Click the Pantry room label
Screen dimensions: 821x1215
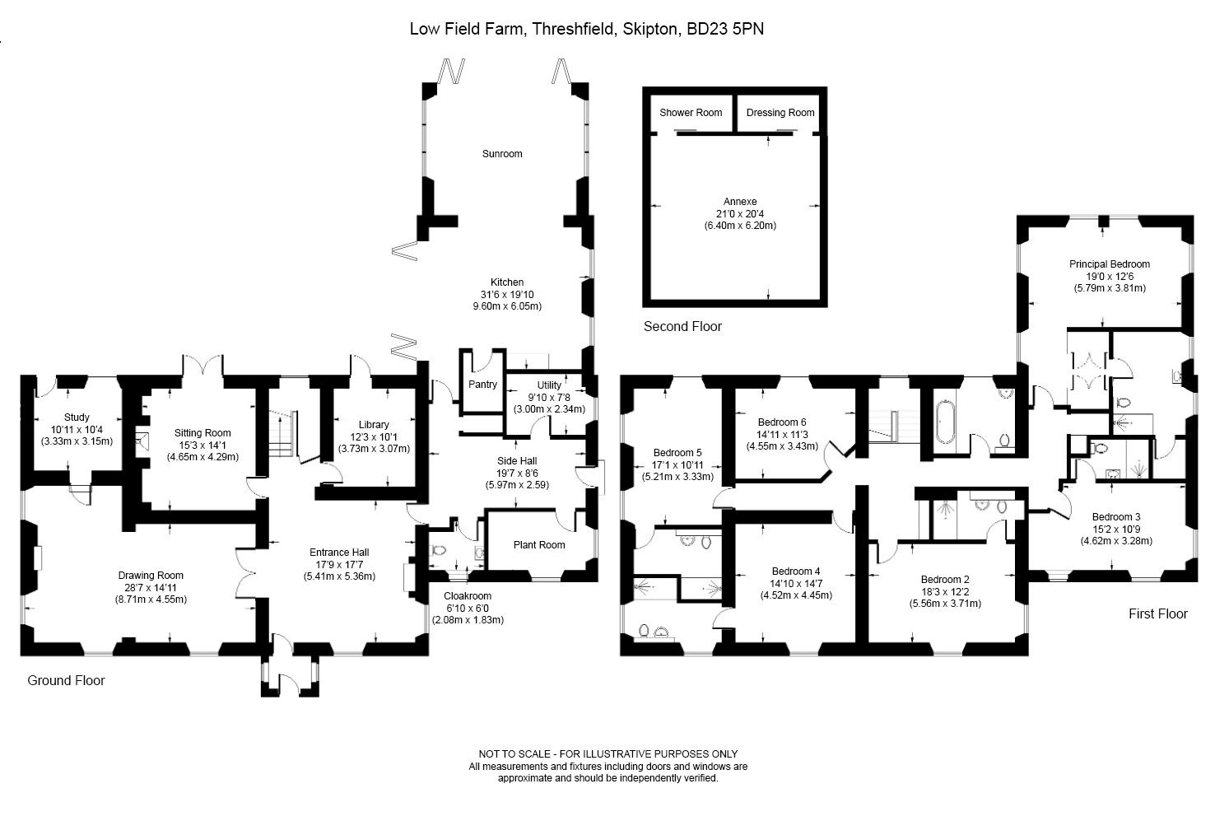pos(482,385)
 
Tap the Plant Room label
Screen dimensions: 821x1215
pos(539,544)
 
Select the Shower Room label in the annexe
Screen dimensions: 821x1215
pos(691,113)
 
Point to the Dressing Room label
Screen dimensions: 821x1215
pos(780,113)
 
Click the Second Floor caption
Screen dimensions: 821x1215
pos(682,327)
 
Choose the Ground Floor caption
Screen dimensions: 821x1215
pos(66,681)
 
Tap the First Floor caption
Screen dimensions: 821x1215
pos(1157,614)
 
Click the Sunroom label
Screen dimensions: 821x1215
pos(502,154)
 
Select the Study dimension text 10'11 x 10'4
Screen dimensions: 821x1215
pos(77,430)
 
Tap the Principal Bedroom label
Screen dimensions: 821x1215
pos(1109,264)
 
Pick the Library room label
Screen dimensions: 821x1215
pos(374,425)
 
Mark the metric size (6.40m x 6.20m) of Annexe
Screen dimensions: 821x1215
pos(740,226)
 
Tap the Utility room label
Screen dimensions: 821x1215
pos(549,385)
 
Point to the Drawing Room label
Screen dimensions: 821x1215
pos(151,576)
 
